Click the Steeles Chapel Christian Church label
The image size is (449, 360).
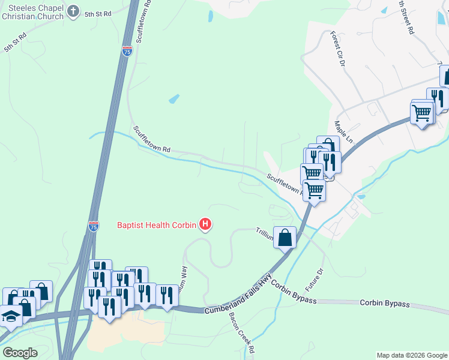point(32,11)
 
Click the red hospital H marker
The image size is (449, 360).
point(205,226)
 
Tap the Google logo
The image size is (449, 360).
point(20,352)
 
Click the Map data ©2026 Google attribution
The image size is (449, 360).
point(411,355)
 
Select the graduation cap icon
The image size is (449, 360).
point(11,315)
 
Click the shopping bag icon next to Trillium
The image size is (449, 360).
point(285,237)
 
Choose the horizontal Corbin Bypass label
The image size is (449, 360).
point(384,304)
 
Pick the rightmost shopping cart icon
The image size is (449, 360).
point(422,112)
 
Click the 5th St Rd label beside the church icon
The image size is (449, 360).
point(98,13)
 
